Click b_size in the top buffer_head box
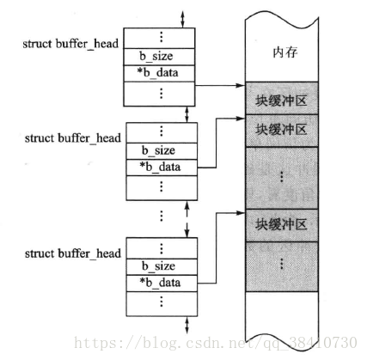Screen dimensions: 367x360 [156, 56]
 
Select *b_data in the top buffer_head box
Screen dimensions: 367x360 [157, 73]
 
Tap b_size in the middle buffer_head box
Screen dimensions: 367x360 [158, 150]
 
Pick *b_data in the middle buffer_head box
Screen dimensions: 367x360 [160, 167]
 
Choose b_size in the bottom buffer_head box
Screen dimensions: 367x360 [158, 266]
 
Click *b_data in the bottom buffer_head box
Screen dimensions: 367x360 [160, 283]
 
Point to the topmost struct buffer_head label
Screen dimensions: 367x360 [70, 44]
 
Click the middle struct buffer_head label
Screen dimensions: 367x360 [73, 138]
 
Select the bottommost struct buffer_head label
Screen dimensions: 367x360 [73, 253]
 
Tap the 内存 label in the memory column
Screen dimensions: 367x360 [285, 52]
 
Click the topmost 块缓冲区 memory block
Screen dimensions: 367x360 [282, 98]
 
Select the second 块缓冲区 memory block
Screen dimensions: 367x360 [282, 131]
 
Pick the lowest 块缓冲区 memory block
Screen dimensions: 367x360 [282, 225]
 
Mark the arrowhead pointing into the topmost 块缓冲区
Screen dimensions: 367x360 [241, 85]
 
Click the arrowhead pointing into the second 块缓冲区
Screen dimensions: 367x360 [241, 119]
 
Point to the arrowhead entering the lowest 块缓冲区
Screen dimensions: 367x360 [241, 213]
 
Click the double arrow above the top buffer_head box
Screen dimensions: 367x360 [182, 20]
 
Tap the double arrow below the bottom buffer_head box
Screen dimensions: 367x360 [187, 325]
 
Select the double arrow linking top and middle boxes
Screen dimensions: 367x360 [187, 114]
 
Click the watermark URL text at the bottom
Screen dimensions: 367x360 [216, 343]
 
